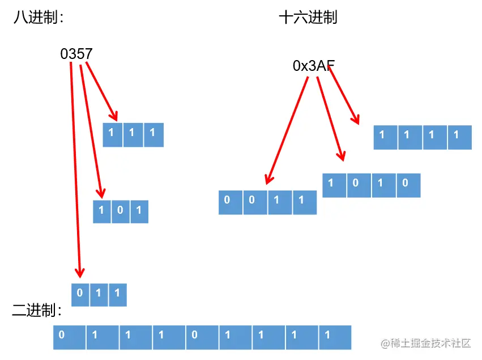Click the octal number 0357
(x=76, y=54)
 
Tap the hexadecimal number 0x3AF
(x=313, y=66)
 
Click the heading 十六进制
(x=308, y=18)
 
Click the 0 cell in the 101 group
(x=121, y=211)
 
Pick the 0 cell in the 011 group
(x=80, y=294)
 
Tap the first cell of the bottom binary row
(x=69, y=337)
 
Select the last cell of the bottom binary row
(x=335, y=337)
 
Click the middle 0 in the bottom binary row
(x=202, y=337)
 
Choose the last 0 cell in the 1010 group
(x=408, y=185)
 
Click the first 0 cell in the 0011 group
(x=231, y=202)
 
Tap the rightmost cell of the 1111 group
(x=459, y=138)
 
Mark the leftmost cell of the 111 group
(x=112, y=135)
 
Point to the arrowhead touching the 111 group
(x=115, y=116)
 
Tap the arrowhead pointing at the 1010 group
(x=342, y=156)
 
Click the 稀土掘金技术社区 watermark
(x=426, y=344)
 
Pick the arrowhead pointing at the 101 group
(x=101, y=193)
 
